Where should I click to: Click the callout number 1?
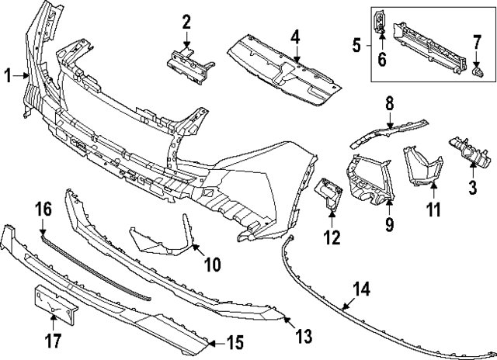coord(8,76)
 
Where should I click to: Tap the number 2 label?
coord(186,22)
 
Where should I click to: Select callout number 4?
coord(295,38)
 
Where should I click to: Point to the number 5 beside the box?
coord(356,45)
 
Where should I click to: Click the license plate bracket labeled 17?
coord(56,303)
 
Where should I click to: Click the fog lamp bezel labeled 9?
coord(370,179)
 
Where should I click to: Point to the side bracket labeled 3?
coord(466,151)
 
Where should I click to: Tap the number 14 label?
coord(361,289)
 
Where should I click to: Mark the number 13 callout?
coord(304,336)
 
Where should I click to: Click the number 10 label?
coord(212,264)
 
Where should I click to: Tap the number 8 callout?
coord(390,103)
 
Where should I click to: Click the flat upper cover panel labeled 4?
coord(284,71)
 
